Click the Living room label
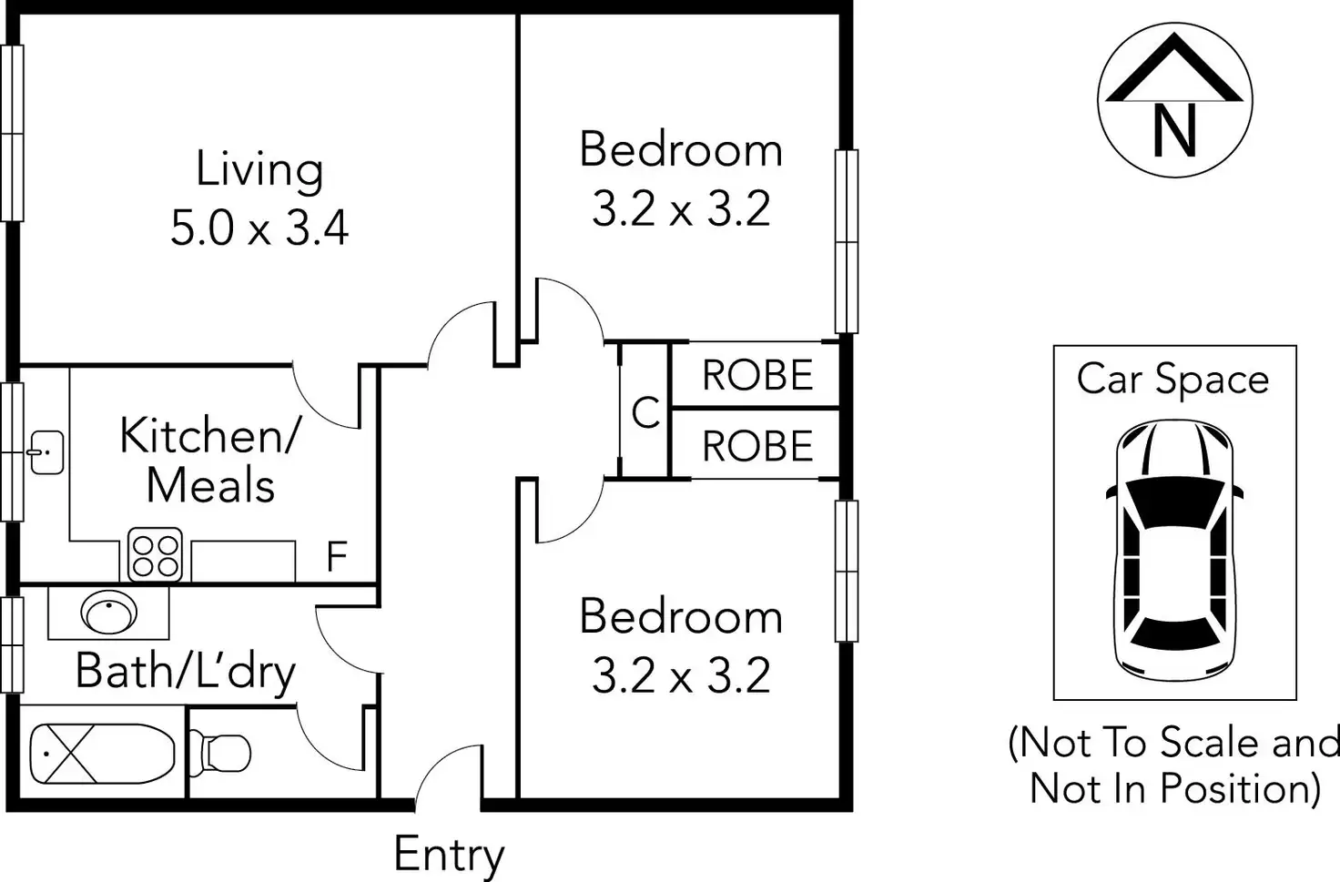coord(259,170)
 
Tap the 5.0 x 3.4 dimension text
coord(259,227)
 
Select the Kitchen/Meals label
coord(210,460)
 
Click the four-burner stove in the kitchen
coord(155,554)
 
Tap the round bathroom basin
coord(109,613)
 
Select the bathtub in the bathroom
coord(102,754)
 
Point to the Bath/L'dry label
coord(186,673)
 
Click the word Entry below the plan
coord(449,855)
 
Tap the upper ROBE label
coord(757,375)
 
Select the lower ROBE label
coord(757,446)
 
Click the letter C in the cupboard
coord(645,413)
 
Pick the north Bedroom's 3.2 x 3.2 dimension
coord(681,209)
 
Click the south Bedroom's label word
coord(681,616)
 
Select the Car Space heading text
coord(1172,380)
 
